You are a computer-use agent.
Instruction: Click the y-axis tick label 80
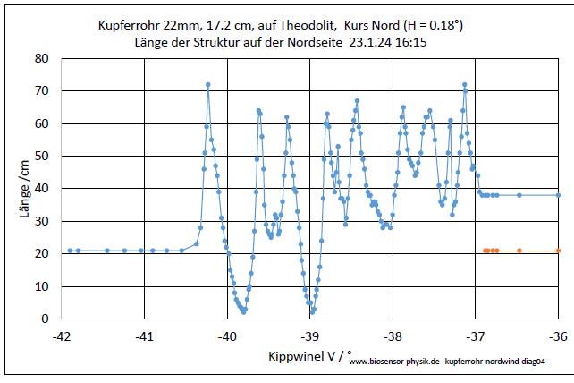(x=42, y=59)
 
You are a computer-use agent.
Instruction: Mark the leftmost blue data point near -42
(x=70, y=251)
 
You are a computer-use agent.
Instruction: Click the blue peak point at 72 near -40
(x=207, y=85)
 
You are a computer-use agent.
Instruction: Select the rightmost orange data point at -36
(x=559, y=251)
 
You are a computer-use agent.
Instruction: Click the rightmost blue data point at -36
(x=559, y=195)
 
